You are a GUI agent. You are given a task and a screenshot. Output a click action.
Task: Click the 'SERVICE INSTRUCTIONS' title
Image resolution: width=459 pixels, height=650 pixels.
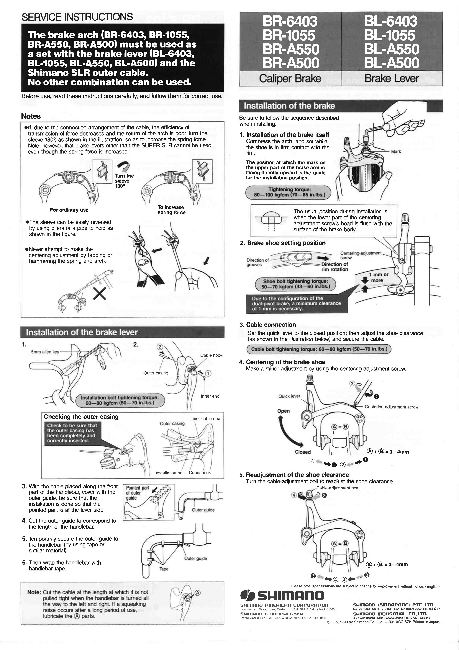click(77, 17)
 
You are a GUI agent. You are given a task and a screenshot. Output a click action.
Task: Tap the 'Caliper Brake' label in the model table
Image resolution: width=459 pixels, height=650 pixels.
click(290, 79)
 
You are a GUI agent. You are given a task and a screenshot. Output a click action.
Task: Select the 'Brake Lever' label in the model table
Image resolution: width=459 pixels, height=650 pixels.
click(392, 79)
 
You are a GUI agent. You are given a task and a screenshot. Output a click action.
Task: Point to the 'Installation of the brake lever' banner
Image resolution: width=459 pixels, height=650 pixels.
click(82, 332)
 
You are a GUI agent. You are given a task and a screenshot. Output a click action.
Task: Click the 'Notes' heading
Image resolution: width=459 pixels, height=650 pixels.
click(31, 116)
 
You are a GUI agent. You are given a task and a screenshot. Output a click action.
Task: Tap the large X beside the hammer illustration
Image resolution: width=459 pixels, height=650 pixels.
click(100, 293)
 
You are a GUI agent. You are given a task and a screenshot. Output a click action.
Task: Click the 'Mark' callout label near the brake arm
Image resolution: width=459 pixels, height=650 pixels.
click(396, 151)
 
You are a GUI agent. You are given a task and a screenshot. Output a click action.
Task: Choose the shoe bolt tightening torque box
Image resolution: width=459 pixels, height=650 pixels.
click(295, 284)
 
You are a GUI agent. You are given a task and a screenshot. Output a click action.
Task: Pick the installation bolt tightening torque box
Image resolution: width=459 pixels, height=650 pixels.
click(120, 400)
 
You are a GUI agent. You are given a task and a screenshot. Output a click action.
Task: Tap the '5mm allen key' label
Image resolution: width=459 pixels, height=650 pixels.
click(45, 352)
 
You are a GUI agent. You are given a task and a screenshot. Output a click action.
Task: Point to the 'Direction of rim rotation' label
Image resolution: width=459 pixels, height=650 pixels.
click(334, 267)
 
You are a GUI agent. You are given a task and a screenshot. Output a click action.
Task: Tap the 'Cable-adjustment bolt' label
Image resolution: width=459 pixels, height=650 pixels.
click(337, 488)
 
